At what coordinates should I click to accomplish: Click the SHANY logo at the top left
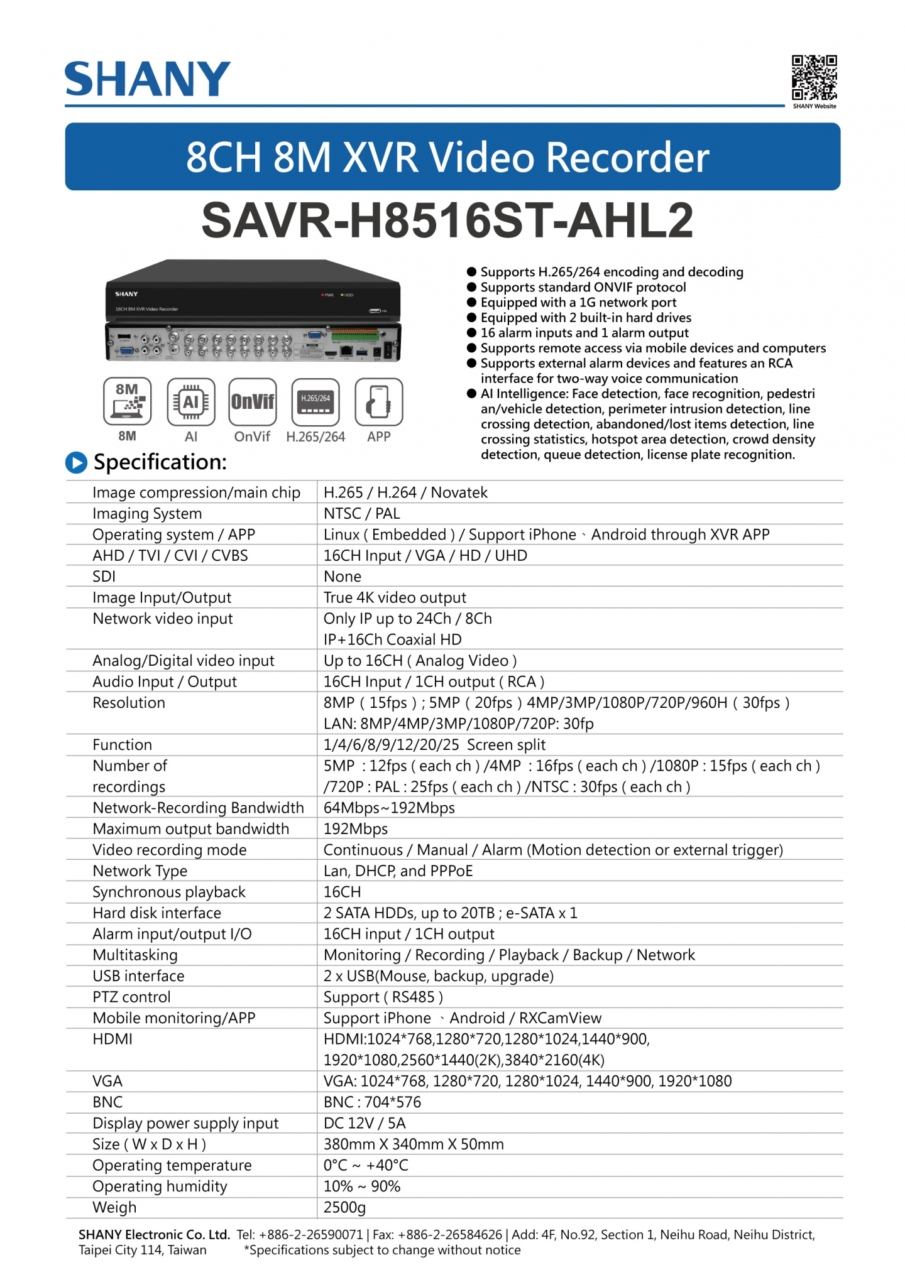pos(147,79)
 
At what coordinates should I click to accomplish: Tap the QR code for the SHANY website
pos(814,77)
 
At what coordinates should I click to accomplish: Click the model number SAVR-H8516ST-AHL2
pos(447,221)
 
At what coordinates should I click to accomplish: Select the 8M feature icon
pos(127,401)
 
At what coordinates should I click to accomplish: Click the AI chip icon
pos(191,401)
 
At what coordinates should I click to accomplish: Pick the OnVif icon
pos(253,401)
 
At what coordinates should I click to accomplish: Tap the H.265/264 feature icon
pos(315,401)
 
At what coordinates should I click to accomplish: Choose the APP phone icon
pos(378,401)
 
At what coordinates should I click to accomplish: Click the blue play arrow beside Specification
pos(77,463)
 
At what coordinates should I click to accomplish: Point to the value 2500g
pos(344,1207)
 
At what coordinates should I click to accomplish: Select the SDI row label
pos(104,577)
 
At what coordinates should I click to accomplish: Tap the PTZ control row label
pos(131,997)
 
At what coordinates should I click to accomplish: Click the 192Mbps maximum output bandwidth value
pos(356,829)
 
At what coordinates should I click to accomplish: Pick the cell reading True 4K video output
pos(395,597)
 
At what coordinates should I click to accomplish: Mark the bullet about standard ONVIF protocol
pos(583,288)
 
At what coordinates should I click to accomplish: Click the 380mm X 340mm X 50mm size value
pos(414,1144)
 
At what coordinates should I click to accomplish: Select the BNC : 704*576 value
pos(372,1102)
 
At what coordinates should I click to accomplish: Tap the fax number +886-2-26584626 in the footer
pos(450,1235)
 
